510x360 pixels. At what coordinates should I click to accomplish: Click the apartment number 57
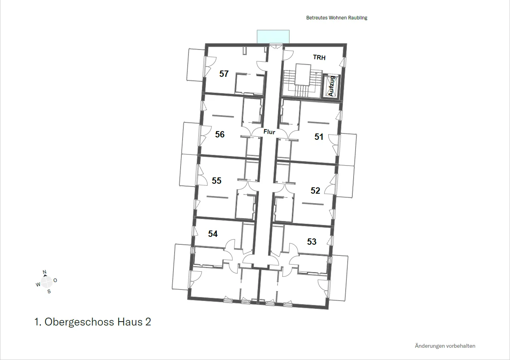(224, 74)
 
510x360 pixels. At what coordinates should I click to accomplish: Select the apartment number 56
(220, 134)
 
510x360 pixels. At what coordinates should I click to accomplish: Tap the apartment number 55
(217, 181)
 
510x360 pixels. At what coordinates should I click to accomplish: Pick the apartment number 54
(213, 234)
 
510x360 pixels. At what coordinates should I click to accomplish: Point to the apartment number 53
(312, 242)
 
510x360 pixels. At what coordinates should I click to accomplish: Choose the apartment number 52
(315, 190)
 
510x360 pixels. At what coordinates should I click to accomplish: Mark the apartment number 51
(319, 137)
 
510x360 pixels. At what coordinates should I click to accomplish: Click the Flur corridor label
(269, 132)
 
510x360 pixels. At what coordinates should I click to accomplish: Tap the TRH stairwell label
(319, 57)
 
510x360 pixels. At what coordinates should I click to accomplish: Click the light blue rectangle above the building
(273, 36)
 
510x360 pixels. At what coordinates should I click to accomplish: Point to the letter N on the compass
(44, 272)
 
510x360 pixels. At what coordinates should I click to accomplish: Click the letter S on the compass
(49, 291)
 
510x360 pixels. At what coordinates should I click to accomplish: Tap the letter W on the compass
(38, 284)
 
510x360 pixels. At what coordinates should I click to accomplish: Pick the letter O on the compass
(55, 280)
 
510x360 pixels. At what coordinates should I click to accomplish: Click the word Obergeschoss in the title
(79, 322)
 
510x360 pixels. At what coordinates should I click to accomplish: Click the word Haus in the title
(130, 322)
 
